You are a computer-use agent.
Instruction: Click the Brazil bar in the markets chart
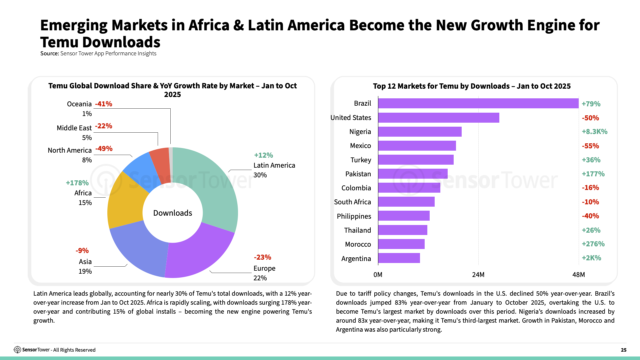click(x=478, y=103)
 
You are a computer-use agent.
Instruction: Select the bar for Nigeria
click(x=420, y=132)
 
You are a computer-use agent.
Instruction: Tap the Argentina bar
click(x=399, y=258)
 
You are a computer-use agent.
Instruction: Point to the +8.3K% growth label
click(x=594, y=132)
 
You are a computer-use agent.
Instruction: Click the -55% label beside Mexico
click(x=590, y=146)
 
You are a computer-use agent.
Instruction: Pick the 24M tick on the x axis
click(x=478, y=275)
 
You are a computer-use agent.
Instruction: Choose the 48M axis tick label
click(x=578, y=275)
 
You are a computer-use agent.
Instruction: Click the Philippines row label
click(x=354, y=216)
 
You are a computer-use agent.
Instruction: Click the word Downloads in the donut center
click(x=173, y=213)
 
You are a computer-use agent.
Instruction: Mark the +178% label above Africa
click(x=77, y=183)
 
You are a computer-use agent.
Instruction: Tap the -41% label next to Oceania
click(x=104, y=104)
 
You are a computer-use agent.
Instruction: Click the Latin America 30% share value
click(x=260, y=175)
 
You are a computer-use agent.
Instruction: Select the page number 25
click(x=623, y=350)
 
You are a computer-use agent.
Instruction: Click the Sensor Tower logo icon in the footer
click(x=17, y=350)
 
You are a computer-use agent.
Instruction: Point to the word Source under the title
click(x=49, y=54)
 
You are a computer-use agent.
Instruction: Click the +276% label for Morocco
click(x=593, y=244)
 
